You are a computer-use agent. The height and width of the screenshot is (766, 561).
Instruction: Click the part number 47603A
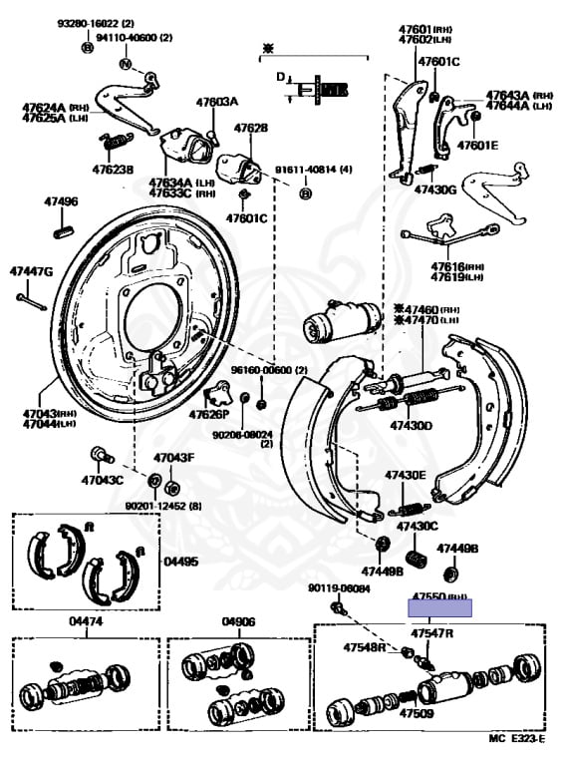coord(216,102)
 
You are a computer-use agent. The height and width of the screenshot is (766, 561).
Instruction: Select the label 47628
coord(251,129)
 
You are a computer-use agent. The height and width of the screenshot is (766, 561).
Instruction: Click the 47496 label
coord(60,201)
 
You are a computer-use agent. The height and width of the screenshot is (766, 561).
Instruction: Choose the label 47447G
coord(31,271)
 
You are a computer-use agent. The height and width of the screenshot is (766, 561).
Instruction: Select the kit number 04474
coord(86,621)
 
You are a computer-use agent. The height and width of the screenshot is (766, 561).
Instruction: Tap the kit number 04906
coord(239,621)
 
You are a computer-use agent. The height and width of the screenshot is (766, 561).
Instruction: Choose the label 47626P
coord(209,414)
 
